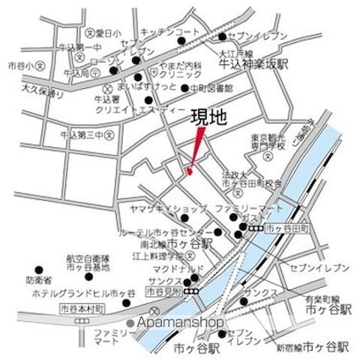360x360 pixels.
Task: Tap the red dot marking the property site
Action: [190, 171]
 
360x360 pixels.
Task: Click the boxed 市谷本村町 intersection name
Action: [81, 309]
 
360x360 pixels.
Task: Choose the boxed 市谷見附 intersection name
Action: [163, 291]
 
